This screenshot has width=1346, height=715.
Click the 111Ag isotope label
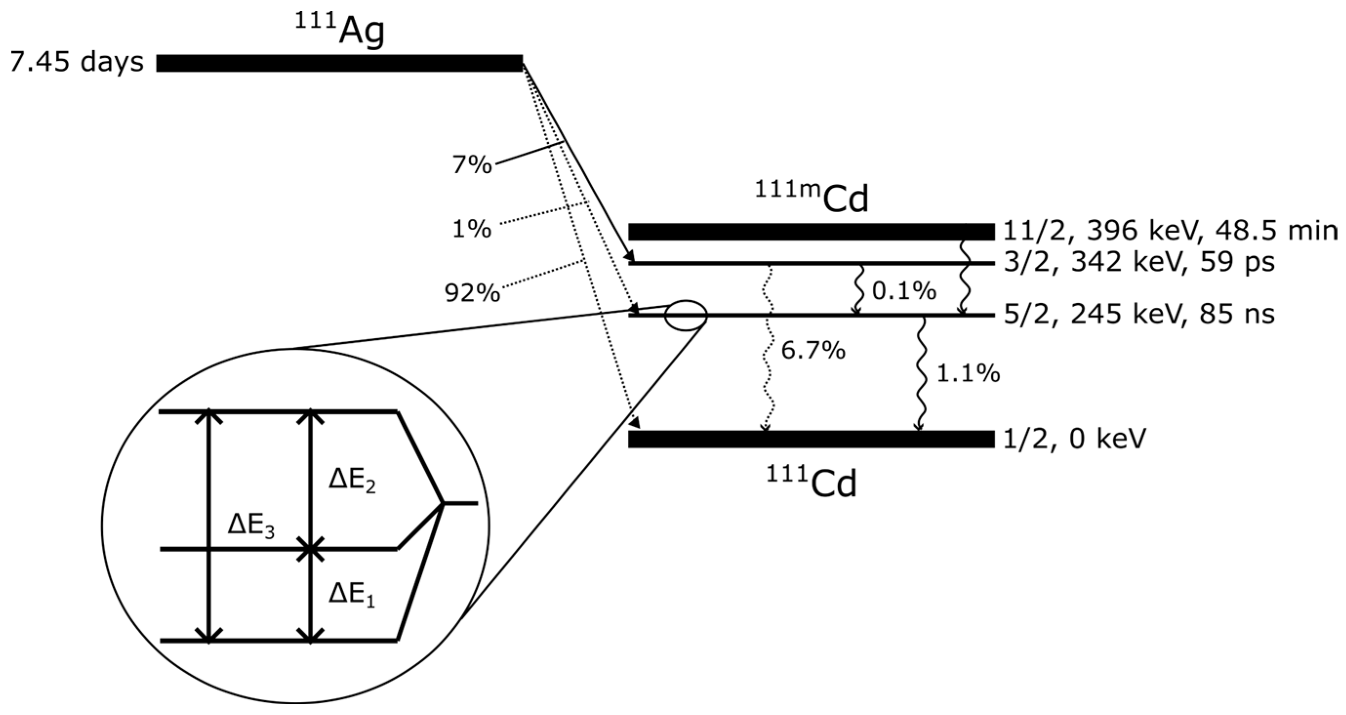click(x=340, y=30)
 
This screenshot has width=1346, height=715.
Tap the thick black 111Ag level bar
click(x=340, y=63)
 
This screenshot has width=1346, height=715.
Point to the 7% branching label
click(x=472, y=165)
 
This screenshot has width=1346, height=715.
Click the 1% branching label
click(x=472, y=229)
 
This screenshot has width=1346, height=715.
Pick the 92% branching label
click(x=472, y=293)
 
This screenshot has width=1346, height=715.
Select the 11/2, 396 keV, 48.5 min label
click(x=1170, y=230)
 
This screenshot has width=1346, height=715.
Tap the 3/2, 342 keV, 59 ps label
click(x=1139, y=262)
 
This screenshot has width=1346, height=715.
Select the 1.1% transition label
click(x=968, y=374)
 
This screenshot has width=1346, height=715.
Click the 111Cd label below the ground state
click(x=811, y=482)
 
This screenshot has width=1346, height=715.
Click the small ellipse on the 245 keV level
click(x=685, y=315)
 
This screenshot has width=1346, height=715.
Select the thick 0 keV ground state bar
click(x=811, y=439)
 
